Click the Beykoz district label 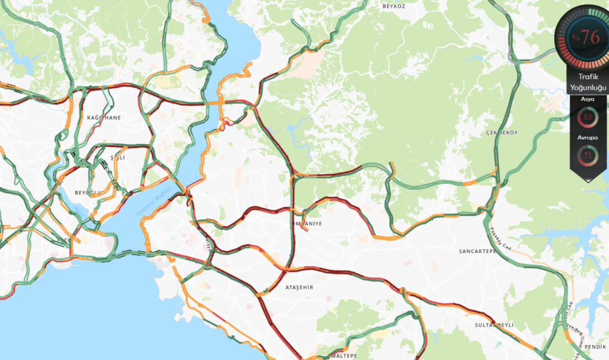tap(394, 6)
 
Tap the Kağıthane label tap(104, 117)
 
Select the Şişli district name tap(118, 157)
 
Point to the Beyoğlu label tap(88, 192)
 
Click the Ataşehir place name tap(299, 287)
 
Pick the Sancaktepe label tap(479, 251)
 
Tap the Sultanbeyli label tap(494, 325)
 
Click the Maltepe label tap(344, 355)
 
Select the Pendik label tap(595, 346)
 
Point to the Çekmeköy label tap(502, 133)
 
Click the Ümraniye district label tap(307, 224)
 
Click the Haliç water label tap(77, 210)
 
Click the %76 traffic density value tap(587, 38)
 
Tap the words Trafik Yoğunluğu tap(589, 83)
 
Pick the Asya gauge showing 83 tap(587, 117)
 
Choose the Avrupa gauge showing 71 tap(587, 156)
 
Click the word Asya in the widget tap(587, 99)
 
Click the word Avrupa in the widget tap(587, 138)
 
